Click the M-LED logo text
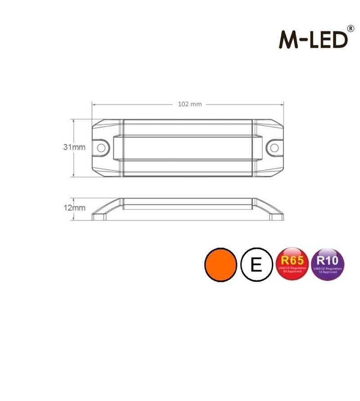click(x=313, y=40)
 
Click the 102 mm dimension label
click(x=189, y=104)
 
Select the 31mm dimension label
click(x=74, y=147)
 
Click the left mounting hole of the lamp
click(x=102, y=147)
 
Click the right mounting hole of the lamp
click(x=274, y=147)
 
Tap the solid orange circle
click(x=220, y=265)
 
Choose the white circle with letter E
click(x=256, y=265)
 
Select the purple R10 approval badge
click(x=328, y=265)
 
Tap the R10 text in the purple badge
click(x=328, y=259)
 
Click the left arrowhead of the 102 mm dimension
click(x=94, y=104)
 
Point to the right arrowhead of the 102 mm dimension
click(x=283, y=104)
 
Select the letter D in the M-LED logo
click(x=341, y=40)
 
